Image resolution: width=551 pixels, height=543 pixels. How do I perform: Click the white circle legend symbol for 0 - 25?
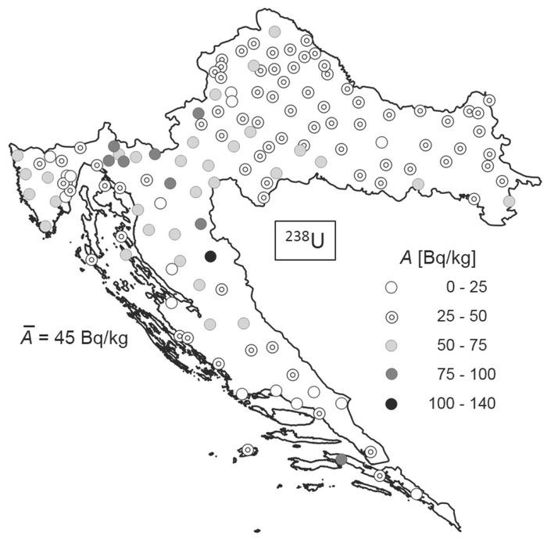tap(392, 287)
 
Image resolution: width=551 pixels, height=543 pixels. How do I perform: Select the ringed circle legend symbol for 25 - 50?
tap(392, 316)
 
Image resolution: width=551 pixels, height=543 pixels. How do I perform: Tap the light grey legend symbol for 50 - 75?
tap(392, 345)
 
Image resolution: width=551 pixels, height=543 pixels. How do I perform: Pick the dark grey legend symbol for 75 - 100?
tap(392, 374)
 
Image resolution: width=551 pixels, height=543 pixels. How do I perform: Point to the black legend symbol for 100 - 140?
tap(392, 404)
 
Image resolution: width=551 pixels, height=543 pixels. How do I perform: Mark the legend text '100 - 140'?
tap(462, 404)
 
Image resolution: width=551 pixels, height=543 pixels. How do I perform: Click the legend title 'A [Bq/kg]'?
tap(438, 257)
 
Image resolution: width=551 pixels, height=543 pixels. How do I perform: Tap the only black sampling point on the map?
tap(209, 256)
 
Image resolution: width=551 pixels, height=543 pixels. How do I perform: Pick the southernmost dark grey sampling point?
tap(340, 459)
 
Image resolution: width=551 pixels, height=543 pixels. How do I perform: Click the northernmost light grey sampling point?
tap(274, 31)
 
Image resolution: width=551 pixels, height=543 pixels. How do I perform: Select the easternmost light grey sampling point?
tap(510, 201)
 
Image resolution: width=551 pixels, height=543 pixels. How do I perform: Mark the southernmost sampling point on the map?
tap(417, 494)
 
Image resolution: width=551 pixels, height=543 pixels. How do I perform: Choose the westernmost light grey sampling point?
tap(17, 156)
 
